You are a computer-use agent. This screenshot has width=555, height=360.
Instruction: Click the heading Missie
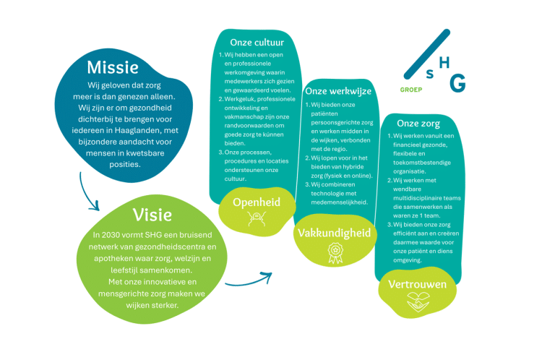click(112, 67)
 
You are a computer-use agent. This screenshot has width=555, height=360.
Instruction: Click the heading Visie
click(152, 214)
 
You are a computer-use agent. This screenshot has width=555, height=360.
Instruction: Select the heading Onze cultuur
click(251, 42)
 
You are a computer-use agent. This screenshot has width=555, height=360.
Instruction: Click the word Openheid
click(256, 202)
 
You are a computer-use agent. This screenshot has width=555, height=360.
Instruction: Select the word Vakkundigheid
click(335, 233)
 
